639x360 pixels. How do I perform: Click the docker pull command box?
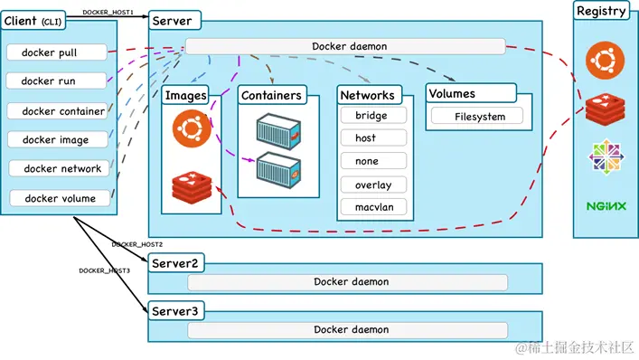point(56,52)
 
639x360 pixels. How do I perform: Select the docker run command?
point(56,81)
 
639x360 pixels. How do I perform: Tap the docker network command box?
point(61,168)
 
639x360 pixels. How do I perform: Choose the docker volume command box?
point(61,197)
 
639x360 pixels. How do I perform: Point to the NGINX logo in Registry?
point(606,206)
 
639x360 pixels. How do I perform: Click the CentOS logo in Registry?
point(606,156)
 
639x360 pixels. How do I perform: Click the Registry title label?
point(602,11)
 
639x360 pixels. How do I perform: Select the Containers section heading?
point(272,94)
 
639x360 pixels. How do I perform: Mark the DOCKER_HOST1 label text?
point(108,13)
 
